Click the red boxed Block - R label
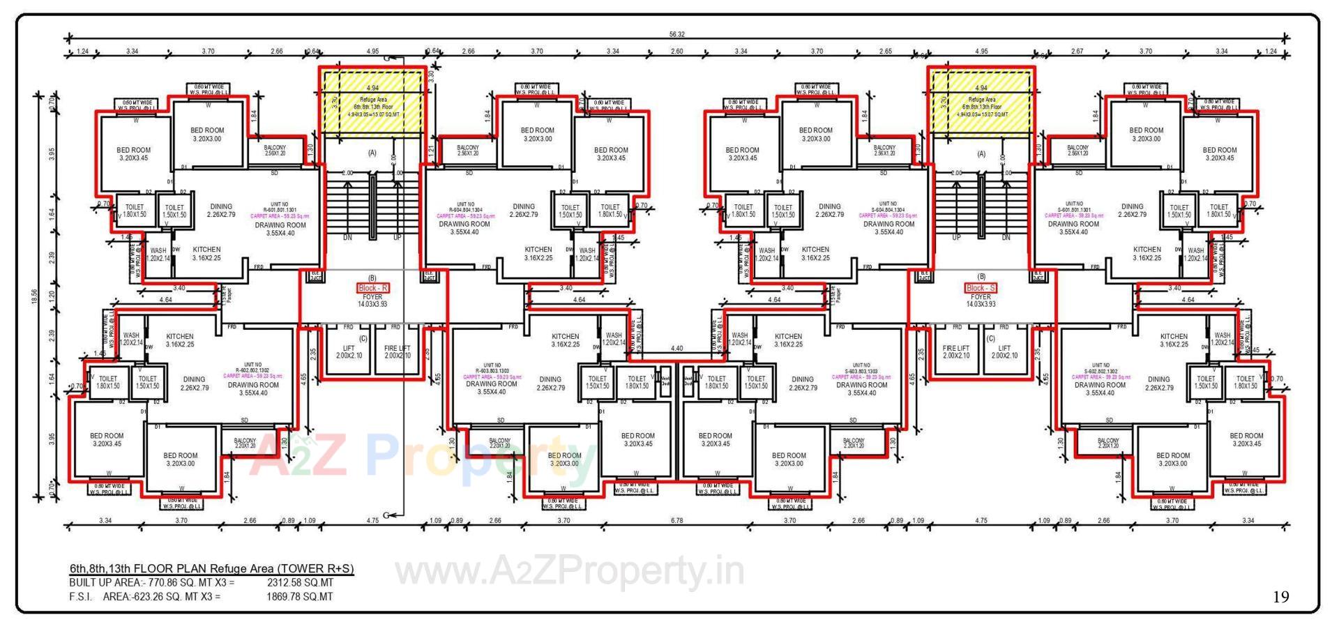[373, 288]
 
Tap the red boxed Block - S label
[981, 288]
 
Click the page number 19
[1280, 597]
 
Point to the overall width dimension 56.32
[676, 34]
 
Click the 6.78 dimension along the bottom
[676, 521]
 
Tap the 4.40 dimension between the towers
[676, 349]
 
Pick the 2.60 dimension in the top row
[676, 52]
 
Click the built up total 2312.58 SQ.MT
[300, 583]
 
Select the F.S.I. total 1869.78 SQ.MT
[300, 597]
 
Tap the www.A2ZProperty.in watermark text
[569, 572]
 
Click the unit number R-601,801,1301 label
[280, 209]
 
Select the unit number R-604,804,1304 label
[465, 209]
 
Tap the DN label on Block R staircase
[347, 238]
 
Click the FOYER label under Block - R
[372, 297]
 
